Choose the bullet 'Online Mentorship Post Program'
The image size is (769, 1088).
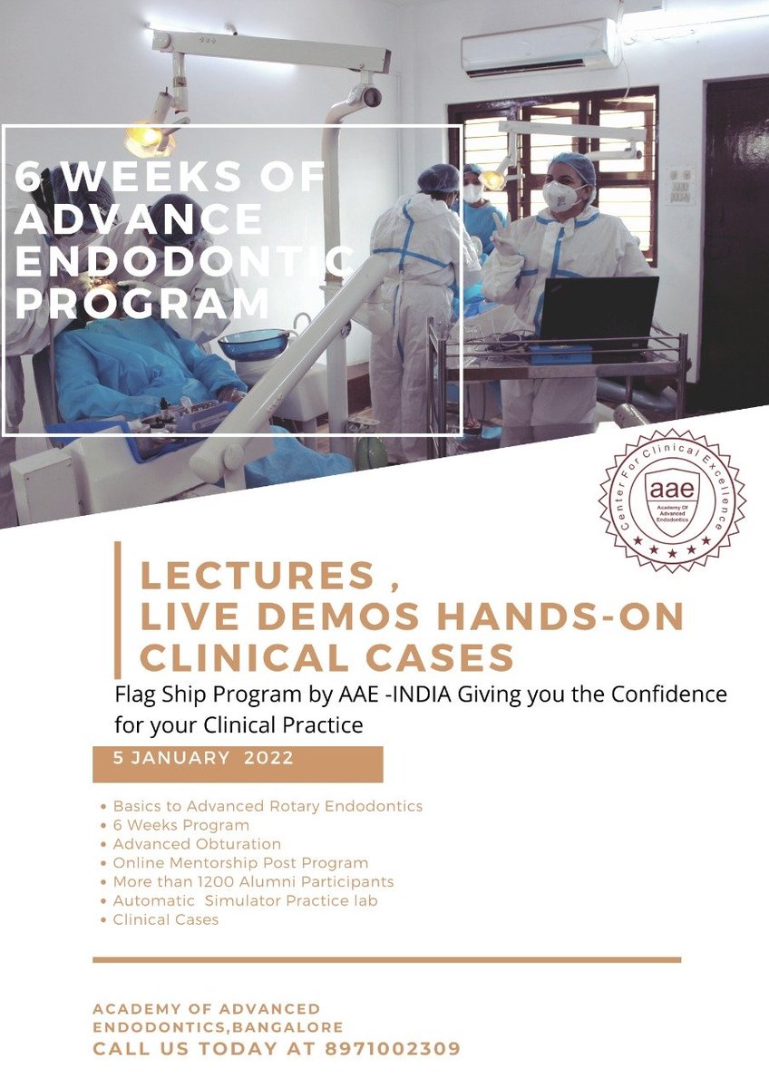[x=240, y=862]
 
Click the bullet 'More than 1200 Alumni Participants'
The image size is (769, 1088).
[x=253, y=881]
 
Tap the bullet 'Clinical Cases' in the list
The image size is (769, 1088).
[x=166, y=919]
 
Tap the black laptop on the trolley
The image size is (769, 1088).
[x=598, y=310]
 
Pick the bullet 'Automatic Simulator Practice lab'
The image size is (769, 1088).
[x=245, y=900]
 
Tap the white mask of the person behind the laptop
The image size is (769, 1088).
[x=561, y=196]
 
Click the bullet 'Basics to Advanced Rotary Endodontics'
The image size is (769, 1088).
[x=268, y=805]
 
